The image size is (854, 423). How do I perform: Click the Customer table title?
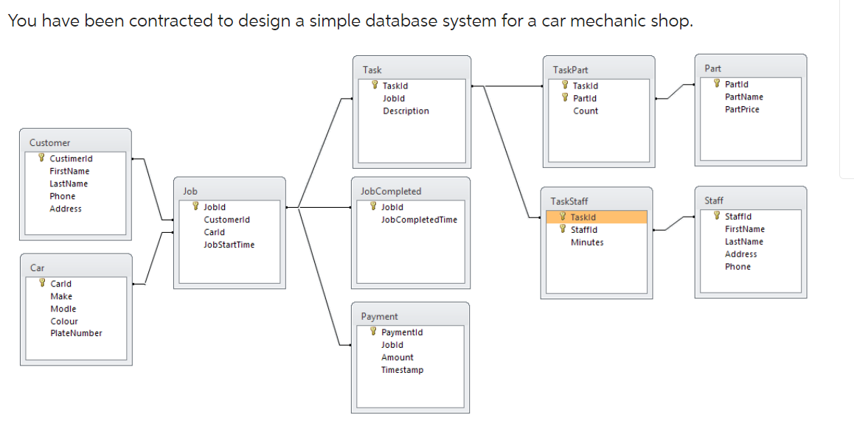(x=49, y=142)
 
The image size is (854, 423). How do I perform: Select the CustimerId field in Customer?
(x=71, y=158)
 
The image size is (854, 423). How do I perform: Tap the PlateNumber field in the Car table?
(x=76, y=333)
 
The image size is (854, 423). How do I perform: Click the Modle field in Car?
(x=63, y=309)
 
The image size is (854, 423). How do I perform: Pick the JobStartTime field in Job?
(x=229, y=245)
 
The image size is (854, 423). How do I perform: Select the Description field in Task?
(x=406, y=111)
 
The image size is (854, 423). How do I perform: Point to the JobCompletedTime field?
(x=419, y=220)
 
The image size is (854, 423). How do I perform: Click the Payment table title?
(x=379, y=316)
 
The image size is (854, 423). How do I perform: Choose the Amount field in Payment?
(x=397, y=357)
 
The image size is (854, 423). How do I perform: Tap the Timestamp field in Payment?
(x=402, y=370)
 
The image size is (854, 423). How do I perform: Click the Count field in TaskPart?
(x=586, y=111)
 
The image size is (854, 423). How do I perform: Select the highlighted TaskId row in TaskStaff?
(x=596, y=217)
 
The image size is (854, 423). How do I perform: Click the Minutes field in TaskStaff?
(x=587, y=242)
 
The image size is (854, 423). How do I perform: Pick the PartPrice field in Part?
(x=742, y=109)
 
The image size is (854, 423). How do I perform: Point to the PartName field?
(x=743, y=97)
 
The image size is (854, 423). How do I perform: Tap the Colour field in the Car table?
(x=64, y=321)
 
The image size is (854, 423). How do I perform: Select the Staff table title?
(x=713, y=200)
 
